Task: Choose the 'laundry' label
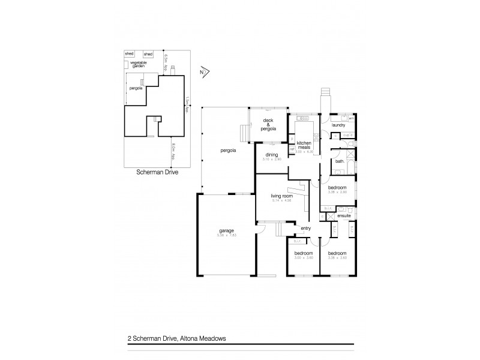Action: coord(338,125)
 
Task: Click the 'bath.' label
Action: coord(340,161)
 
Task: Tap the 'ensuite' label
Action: coord(344,215)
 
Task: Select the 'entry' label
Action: coord(305,228)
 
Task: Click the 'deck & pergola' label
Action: coord(269,124)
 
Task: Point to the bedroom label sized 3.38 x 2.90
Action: coord(337,188)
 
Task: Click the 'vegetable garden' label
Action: coord(139,64)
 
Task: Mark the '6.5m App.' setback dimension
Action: coord(166,61)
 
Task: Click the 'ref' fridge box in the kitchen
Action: coord(291,149)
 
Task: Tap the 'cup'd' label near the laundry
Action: coord(347,136)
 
